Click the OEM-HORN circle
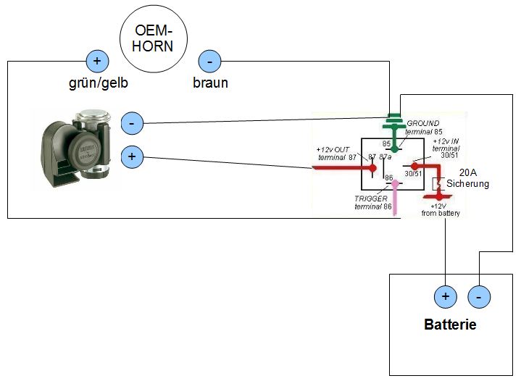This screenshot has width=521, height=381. click(154, 38)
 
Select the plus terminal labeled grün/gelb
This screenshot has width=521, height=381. click(97, 61)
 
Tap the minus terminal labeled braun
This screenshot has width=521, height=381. click(209, 61)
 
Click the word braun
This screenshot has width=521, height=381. click(210, 83)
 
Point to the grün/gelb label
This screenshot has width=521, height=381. click(97, 83)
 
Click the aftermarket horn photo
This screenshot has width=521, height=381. click(75, 149)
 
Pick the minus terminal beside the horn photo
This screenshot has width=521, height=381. click(131, 122)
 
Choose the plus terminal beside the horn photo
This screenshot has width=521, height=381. click(131, 156)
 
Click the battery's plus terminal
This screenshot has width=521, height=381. click(445, 296)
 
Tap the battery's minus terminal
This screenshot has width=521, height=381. click(479, 296)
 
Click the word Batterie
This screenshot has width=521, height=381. click(450, 325)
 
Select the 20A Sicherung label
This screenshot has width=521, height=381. click(467, 179)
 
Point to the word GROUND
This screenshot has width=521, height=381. click(423, 123)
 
